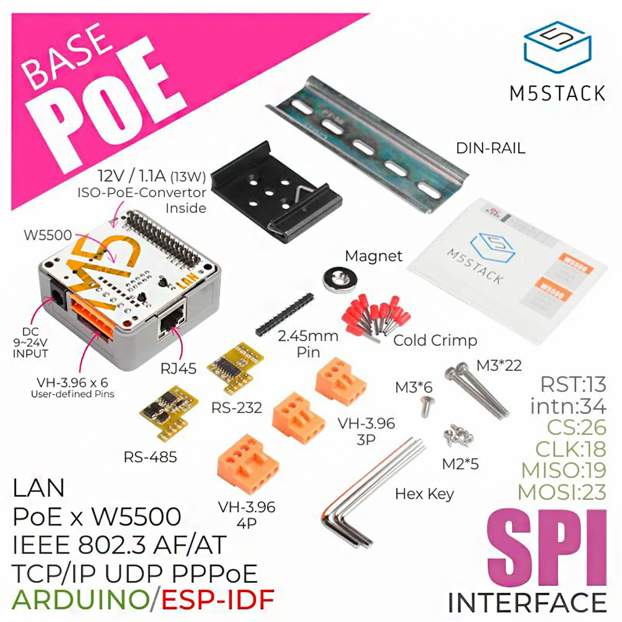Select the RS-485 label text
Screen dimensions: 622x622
click(150, 457)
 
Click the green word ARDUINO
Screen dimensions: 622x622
click(80, 600)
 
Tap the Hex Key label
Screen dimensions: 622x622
click(425, 494)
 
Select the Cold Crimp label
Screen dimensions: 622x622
click(435, 340)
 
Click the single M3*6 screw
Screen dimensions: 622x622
click(425, 408)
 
